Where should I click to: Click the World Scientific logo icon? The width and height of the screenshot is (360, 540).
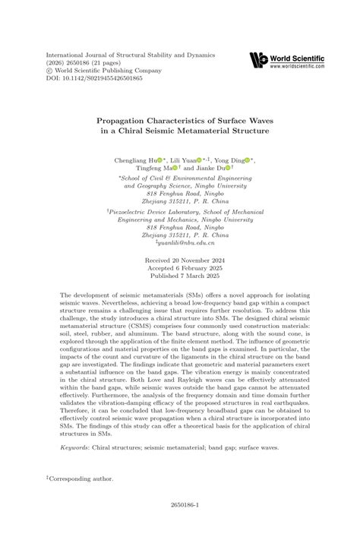point(257,61)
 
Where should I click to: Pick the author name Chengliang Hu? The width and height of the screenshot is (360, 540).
point(135,161)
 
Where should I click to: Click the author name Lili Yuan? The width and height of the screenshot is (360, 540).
point(182,161)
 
